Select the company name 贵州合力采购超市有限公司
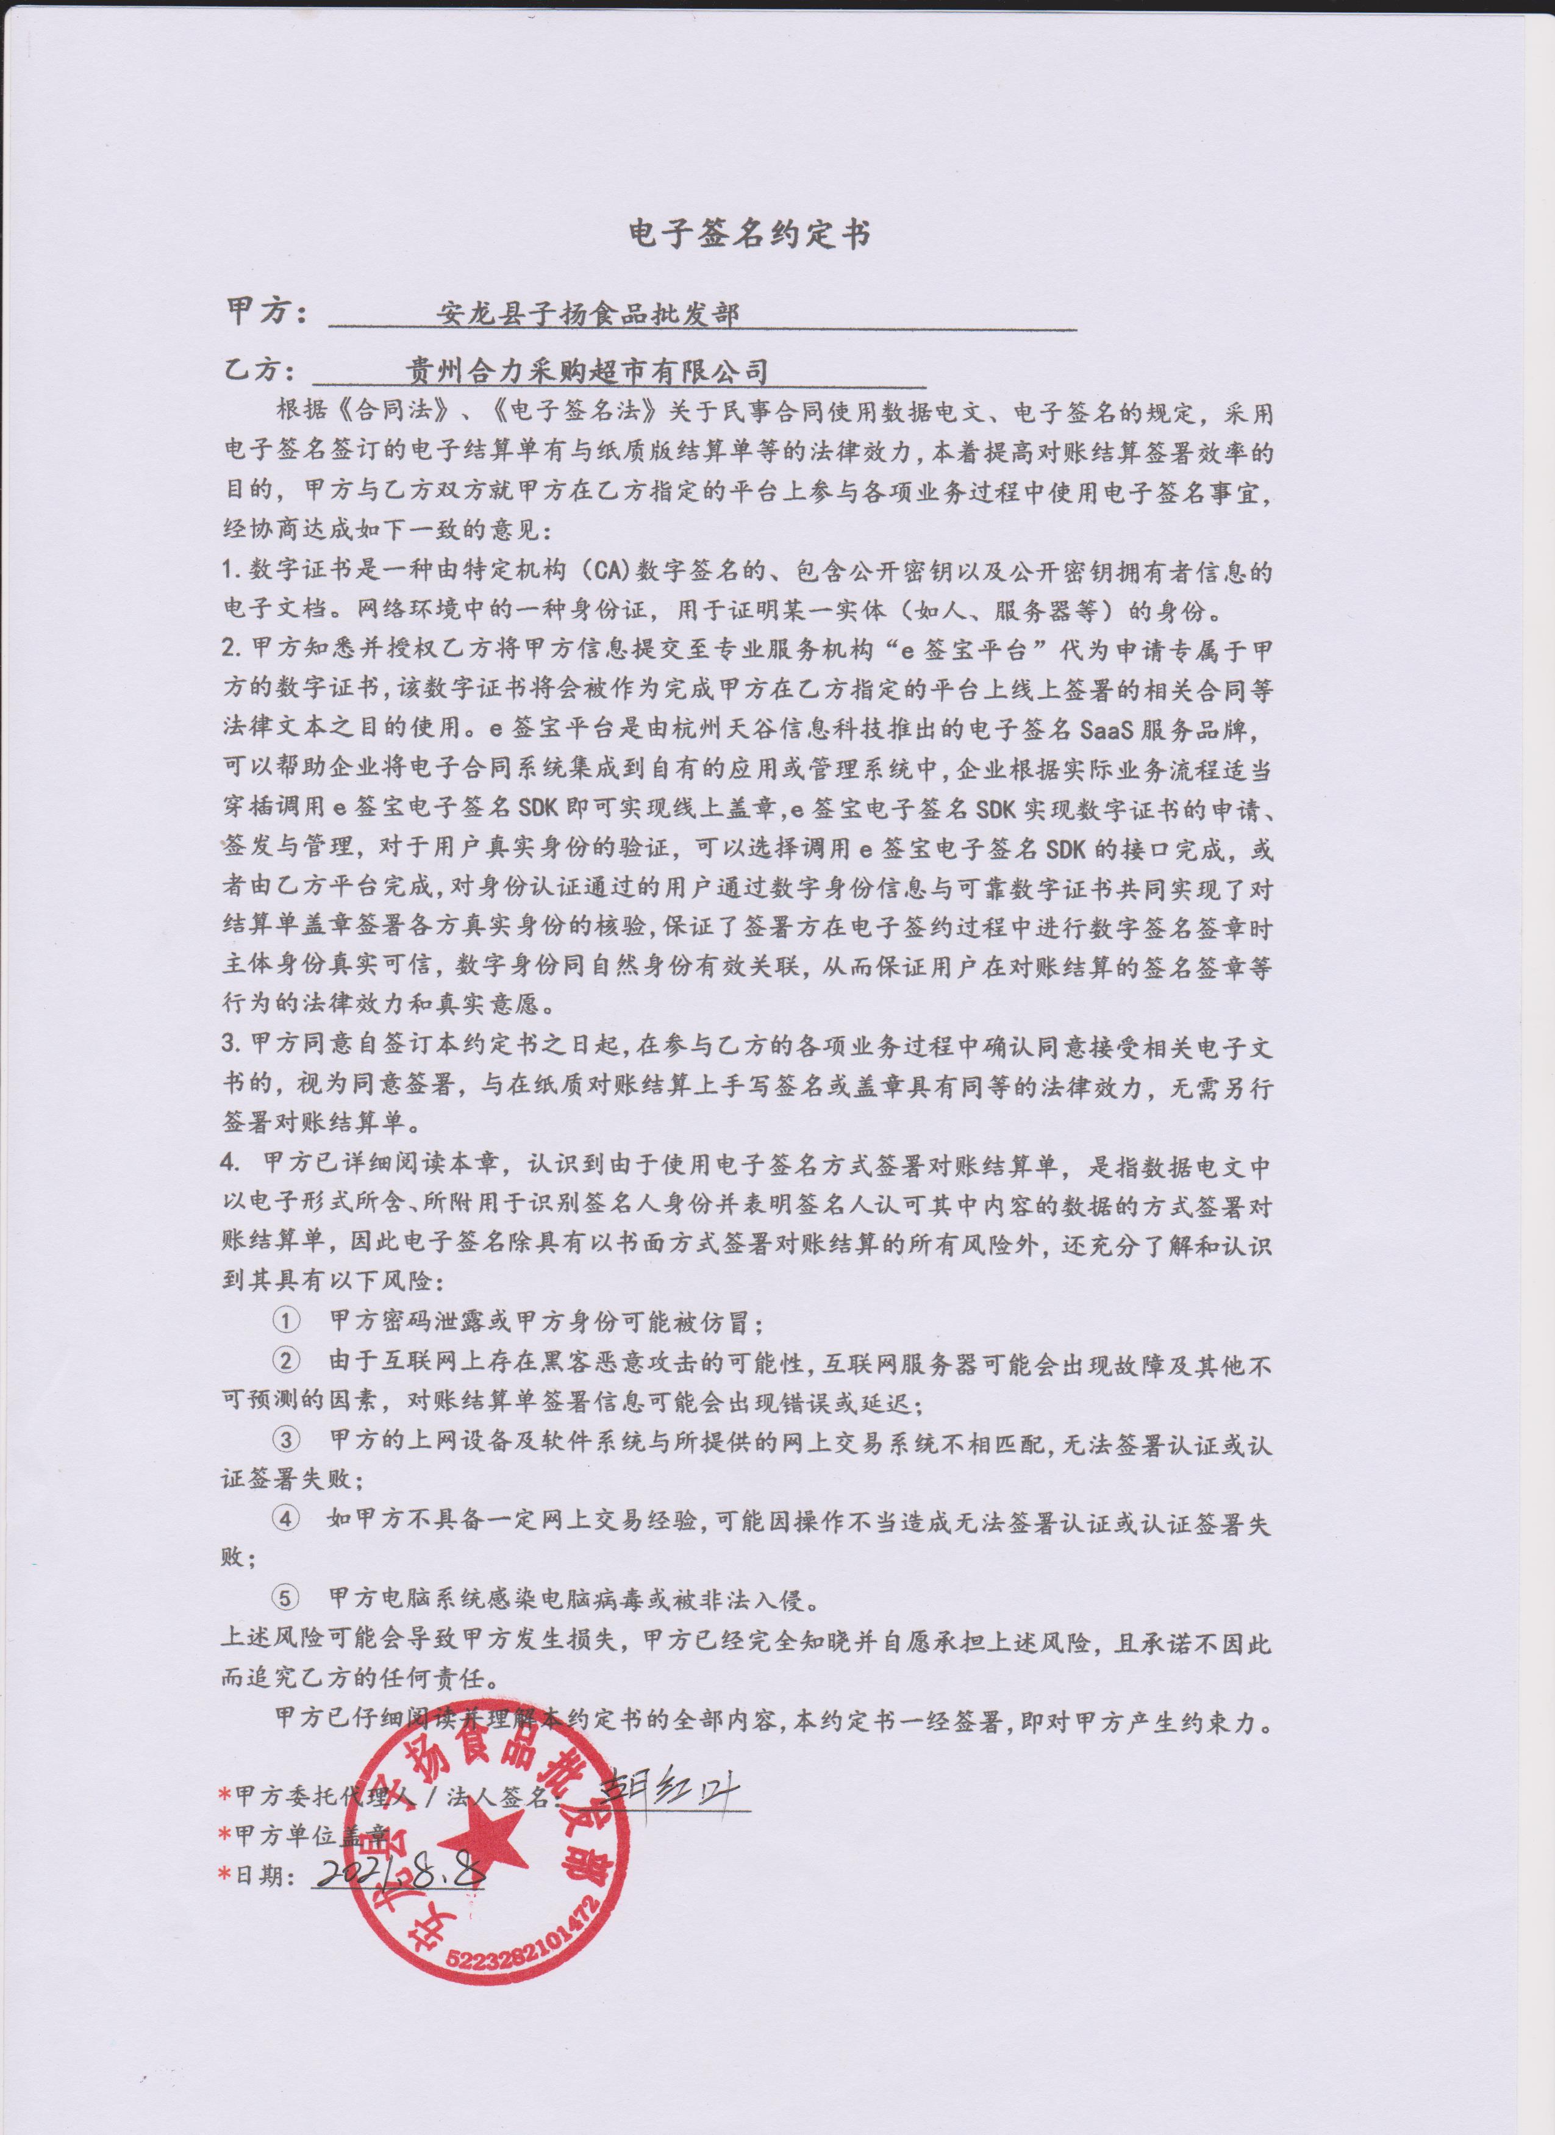[x=585, y=370]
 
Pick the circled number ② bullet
[x=285, y=1362]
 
